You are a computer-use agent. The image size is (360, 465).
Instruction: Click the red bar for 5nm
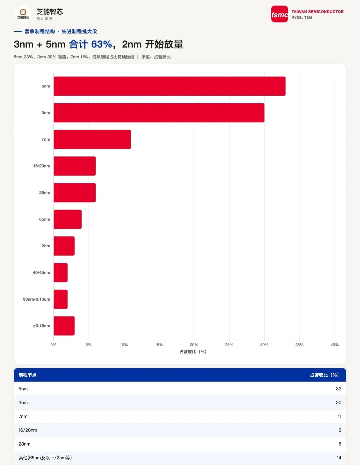(x=169, y=86)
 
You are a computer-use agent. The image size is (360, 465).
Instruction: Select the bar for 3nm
(x=159, y=113)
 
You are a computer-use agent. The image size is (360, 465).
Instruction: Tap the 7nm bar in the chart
(x=92, y=139)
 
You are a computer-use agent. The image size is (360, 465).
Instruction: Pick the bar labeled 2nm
(x=64, y=246)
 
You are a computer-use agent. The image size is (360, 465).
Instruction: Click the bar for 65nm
(x=68, y=219)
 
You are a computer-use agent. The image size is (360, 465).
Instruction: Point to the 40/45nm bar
(x=61, y=272)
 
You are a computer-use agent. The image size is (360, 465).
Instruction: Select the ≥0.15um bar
(x=64, y=326)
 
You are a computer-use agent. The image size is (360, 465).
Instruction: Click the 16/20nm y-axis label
(x=41, y=166)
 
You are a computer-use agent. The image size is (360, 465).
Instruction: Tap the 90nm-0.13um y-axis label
(x=37, y=299)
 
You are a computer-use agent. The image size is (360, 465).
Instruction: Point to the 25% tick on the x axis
(x=229, y=345)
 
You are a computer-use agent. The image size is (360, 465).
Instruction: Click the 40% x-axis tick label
(x=335, y=345)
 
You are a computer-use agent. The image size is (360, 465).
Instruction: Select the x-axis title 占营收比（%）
(x=193, y=352)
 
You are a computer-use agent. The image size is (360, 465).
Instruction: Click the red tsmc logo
(x=279, y=14)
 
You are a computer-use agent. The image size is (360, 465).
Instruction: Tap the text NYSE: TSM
(x=302, y=18)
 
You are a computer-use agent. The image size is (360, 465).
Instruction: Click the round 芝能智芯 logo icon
(x=23, y=14)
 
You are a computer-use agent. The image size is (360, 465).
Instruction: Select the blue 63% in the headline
(x=101, y=44)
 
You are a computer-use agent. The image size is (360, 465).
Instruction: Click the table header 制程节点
(x=27, y=375)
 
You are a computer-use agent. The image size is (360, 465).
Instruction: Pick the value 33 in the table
(x=338, y=389)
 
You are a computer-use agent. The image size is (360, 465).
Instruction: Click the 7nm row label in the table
(x=23, y=416)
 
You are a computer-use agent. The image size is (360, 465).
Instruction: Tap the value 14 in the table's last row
(x=339, y=458)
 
